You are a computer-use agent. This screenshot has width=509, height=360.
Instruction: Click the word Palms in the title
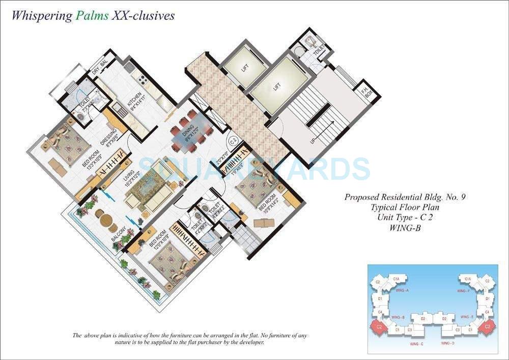pyautogui.click(x=92, y=15)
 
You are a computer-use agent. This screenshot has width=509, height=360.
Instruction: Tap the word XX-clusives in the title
pyautogui.click(x=143, y=15)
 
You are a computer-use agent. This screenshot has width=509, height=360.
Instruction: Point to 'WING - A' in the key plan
pyautogui.click(x=402, y=291)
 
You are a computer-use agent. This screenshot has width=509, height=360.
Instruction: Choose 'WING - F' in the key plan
pyautogui.click(x=463, y=291)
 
